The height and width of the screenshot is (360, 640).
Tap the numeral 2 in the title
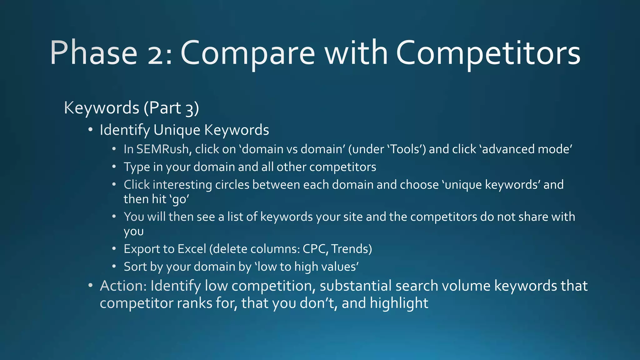click(157, 53)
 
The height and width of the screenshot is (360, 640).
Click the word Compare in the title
click(247, 53)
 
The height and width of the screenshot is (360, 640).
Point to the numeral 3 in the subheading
click(190, 109)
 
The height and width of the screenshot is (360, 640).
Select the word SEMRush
click(162, 149)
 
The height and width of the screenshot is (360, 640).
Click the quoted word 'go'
click(179, 199)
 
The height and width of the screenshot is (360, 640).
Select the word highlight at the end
click(399, 303)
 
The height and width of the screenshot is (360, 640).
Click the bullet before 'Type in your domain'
click(114, 167)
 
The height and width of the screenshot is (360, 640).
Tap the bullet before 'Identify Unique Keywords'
click(90, 130)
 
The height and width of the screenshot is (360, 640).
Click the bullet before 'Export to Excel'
click(114, 249)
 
